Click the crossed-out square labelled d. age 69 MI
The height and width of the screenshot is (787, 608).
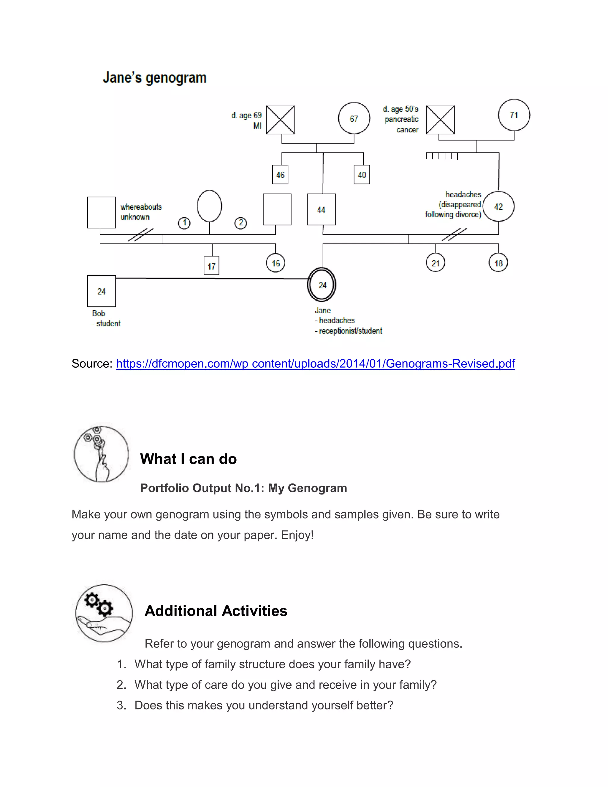tap(280, 120)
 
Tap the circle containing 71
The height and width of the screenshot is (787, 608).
tap(514, 115)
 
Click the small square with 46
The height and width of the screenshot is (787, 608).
tap(280, 175)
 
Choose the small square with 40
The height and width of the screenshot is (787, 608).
tap(362, 175)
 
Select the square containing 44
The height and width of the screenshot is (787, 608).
tap(321, 209)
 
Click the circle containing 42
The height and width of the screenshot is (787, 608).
tap(498, 206)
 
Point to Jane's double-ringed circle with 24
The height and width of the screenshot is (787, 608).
tap(322, 285)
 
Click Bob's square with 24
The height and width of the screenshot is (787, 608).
tap(101, 291)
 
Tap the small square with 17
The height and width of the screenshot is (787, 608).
tap(211, 266)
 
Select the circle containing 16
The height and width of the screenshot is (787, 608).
tap(275, 263)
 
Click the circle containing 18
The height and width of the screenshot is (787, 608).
tap(498, 263)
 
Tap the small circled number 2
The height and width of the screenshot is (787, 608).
tap(240, 223)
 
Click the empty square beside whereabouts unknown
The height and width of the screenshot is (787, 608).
tap(101, 212)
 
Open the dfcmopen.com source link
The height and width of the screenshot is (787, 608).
tap(315, 363)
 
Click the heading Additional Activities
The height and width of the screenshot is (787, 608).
tap(216, 611)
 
